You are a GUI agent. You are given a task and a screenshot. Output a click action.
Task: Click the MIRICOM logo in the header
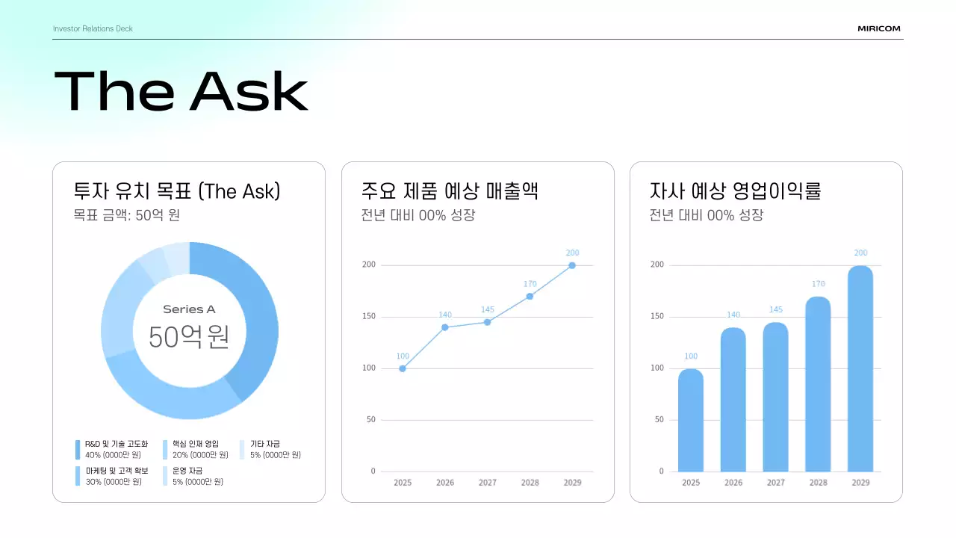point(879,28)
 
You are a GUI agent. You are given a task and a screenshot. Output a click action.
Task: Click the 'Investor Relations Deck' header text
point(93,28)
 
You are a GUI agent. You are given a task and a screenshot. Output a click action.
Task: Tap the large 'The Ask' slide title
point(181,91)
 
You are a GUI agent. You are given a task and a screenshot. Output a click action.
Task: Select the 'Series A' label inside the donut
point(189,309)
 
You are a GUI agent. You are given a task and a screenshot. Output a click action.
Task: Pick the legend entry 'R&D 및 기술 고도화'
point(117,444)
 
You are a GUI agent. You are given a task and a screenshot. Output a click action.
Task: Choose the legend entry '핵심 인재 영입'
point(196,444)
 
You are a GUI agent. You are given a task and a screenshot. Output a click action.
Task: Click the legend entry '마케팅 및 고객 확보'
point(117,471)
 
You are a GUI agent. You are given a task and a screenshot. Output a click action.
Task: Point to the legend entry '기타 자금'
point(265,444)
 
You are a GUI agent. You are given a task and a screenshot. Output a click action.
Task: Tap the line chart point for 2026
point(445,327)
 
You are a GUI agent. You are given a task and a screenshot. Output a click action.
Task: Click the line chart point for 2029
point(572,265)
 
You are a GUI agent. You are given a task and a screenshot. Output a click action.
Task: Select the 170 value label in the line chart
point(530,284)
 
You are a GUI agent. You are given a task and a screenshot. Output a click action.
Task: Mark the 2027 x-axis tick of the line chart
point(487,483)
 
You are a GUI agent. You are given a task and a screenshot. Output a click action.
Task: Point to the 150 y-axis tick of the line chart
point(368,317)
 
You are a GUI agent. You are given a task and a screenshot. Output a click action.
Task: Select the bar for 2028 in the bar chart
point(818,385)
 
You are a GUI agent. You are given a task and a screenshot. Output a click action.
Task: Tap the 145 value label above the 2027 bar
point(775,310)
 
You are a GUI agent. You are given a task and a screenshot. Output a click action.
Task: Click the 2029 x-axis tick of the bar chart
point(860,483)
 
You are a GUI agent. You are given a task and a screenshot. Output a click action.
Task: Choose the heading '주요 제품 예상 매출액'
point(449,191)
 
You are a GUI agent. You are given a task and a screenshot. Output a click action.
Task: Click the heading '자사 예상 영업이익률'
point(735,191)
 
